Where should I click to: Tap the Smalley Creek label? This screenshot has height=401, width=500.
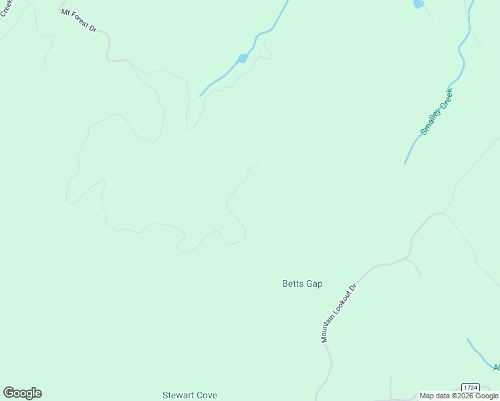coord(436,112)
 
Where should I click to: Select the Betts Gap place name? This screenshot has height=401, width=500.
coord(302,284)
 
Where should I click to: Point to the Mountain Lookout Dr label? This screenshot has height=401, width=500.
coord(340,312)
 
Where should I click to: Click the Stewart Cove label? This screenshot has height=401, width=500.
coord(190,396)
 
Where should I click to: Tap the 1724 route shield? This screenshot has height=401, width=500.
coord(471,388)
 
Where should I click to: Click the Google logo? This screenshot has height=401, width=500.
coord(22,393)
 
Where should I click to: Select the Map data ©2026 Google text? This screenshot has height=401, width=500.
coord(459,396)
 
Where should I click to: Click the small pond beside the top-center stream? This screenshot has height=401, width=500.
coord(242,59)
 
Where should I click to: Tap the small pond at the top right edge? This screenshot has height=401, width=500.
coord(418,4)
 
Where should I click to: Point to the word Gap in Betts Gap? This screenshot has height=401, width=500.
coord(314,284)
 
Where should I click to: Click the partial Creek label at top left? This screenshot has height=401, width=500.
coord(6,9)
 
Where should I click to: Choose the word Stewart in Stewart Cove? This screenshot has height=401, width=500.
coord(178,396)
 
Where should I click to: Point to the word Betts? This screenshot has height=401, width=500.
coord(293,284)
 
